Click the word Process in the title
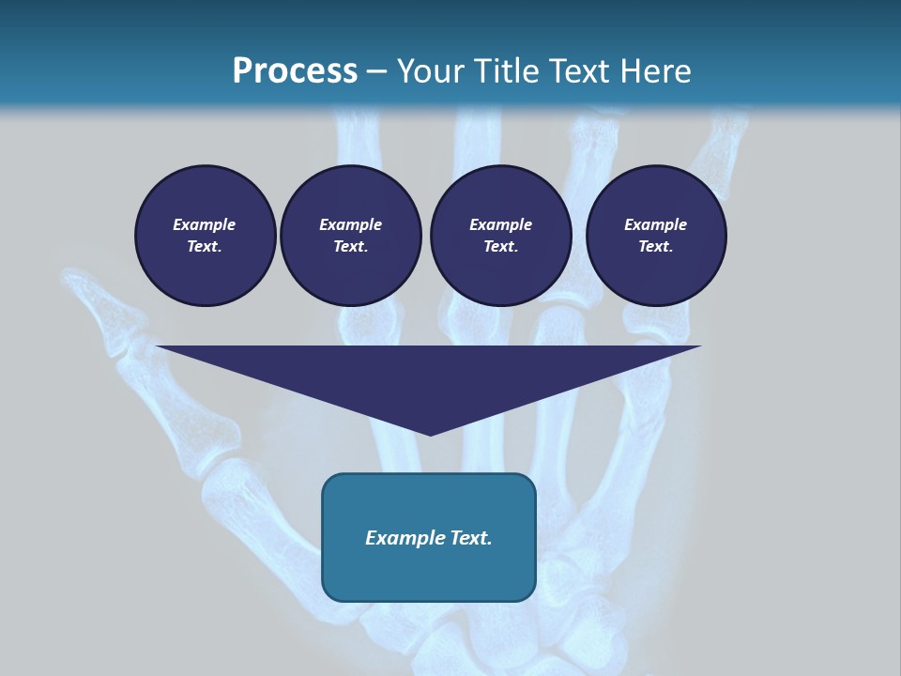295,71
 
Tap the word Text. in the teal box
471,538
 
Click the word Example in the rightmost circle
655,224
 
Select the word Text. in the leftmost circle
205,247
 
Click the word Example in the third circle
500,224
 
